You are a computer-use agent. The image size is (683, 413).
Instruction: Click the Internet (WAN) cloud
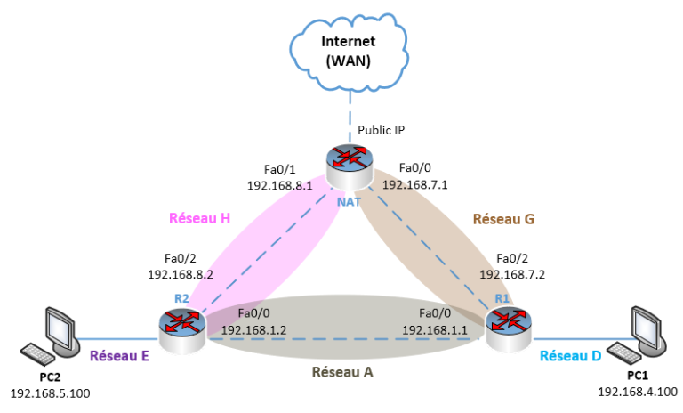[x=349, y=51]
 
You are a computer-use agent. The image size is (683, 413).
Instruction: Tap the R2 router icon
[x=183, y=325]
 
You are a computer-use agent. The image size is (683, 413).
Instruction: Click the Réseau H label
[x=200, y=217]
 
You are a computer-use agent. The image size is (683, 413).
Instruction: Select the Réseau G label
[x=503, y=217]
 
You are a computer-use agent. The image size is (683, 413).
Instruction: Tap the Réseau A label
[x=342, y=371]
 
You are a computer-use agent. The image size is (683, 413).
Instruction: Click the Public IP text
[x=382, y=130]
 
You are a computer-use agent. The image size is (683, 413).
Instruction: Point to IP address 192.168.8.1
[x=279, y=186]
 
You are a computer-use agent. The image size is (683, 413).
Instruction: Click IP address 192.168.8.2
[x=181, y=275]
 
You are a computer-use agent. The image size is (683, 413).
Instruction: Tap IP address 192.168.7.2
[x=512, y=275]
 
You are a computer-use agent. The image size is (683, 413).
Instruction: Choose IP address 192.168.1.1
[x=435, y=329]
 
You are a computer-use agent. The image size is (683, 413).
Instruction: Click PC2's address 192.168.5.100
[x=51, y=393]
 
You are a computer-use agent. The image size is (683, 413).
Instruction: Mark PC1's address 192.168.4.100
[x=638, y=392]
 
